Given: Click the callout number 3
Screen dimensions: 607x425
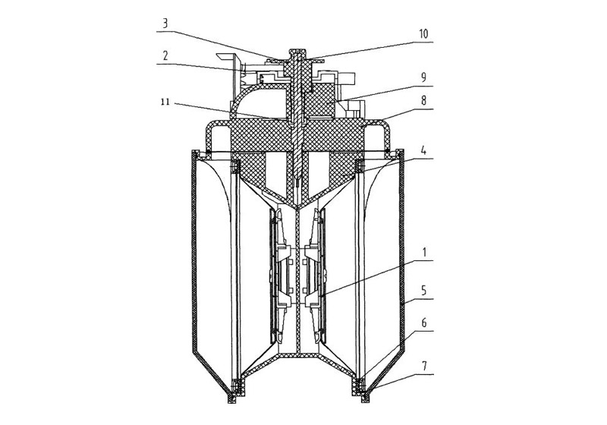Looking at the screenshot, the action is point(165,24).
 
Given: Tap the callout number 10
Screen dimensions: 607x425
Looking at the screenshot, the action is point(423,34).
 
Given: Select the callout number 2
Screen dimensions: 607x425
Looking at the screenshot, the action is point(165,55).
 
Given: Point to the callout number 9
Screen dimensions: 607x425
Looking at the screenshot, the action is point(423,77).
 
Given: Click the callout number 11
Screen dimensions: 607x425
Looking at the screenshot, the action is point(165,103).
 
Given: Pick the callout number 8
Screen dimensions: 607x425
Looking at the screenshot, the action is point(423,101).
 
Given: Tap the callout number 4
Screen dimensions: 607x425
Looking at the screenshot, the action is point(423,150).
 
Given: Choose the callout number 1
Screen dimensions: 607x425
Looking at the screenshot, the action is point(423,253).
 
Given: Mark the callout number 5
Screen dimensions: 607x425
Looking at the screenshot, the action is point(423,291).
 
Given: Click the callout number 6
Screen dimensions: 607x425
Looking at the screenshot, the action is point(423,323).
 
